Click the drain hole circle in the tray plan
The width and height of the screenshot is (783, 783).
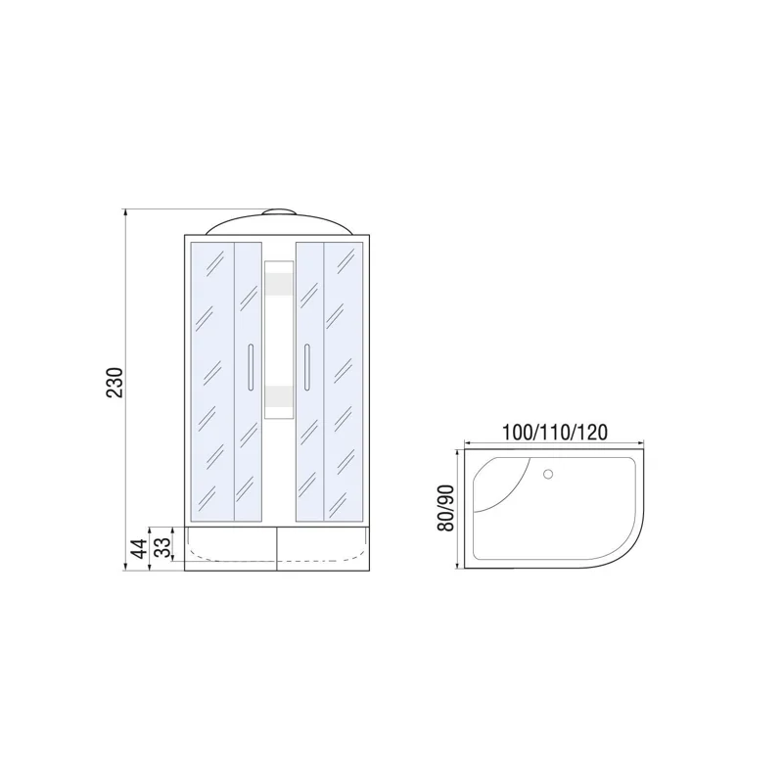click(x=547, y=475)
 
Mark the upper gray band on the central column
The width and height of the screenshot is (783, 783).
click(x=279, y=284)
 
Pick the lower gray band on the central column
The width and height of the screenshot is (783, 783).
click(x=279, y=396)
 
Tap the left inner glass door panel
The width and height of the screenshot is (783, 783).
click(x=247, y=382)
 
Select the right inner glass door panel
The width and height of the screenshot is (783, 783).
click(x=310, y=382)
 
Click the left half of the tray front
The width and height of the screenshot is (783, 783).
click(x=230, y=550)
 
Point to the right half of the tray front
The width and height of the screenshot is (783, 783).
click(x=325, y=550)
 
